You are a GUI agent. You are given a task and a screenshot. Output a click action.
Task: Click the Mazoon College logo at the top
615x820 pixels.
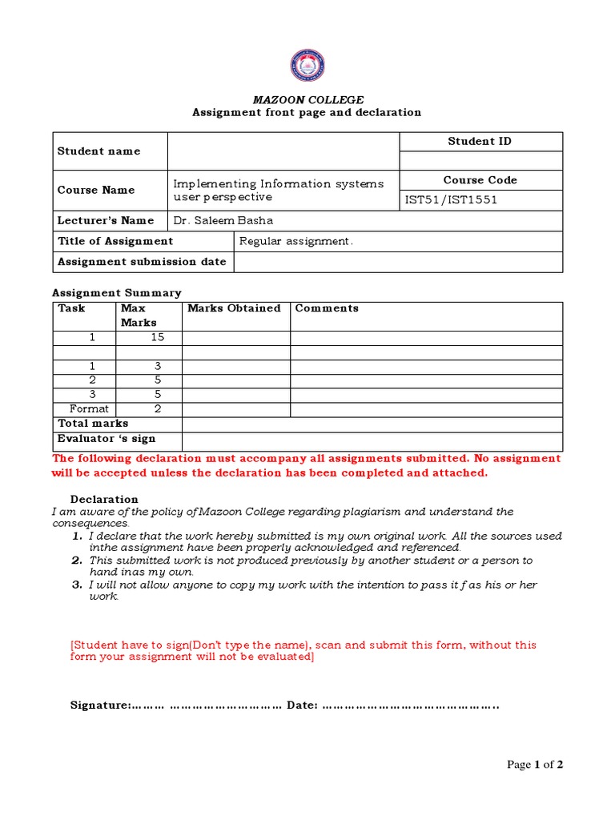(x=307, y=66)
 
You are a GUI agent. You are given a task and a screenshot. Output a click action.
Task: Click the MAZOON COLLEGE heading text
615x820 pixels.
(x=307, y=100)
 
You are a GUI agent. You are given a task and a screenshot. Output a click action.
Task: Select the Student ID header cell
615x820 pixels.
(x=480, y=142)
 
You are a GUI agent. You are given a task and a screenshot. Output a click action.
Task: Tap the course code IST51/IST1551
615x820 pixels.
(x=452, y=200)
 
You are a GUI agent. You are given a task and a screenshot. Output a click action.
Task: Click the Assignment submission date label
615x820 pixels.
(x=142, y=262)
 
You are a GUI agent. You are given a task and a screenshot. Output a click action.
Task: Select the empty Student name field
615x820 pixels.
(x=283, y=151)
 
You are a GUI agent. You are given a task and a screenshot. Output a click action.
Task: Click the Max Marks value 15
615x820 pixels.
(x=157, y=337)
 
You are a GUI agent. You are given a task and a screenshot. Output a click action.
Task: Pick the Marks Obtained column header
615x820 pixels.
(x=234, y=308)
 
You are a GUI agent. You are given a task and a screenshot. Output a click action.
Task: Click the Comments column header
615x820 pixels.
(x=327, y=308)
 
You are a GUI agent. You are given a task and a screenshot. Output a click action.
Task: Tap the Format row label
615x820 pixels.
(x=89, y=409)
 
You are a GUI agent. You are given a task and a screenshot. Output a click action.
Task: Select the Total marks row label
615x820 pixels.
(x=93, y=424)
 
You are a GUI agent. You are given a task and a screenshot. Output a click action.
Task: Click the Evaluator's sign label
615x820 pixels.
(x=107, y=439)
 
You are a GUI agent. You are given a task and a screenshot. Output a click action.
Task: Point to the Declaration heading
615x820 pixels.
(x=104, y=500)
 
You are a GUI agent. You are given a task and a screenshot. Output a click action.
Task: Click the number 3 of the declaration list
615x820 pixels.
(x=77, y=585)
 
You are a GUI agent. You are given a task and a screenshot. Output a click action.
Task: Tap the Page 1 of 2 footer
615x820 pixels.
(x=535, y=765)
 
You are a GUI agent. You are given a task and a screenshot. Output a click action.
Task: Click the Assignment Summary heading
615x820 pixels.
(x=117, y=293)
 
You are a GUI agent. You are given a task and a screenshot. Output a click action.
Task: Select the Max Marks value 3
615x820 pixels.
(x=157, y=366)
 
